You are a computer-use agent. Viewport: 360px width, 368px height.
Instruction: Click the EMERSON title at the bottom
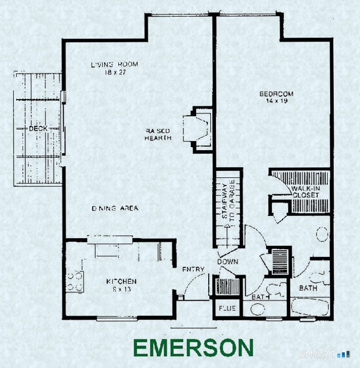193,348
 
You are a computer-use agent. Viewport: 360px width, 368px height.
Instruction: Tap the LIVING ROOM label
114,65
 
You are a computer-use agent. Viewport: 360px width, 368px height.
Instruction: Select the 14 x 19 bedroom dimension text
277,101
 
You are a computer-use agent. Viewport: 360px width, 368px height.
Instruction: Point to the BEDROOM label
277,94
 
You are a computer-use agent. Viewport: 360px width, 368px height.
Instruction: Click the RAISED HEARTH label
158,134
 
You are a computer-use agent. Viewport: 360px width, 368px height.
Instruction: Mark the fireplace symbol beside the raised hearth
198,129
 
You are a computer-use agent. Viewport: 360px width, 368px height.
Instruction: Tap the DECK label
38,129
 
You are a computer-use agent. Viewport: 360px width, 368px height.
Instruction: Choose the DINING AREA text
115,208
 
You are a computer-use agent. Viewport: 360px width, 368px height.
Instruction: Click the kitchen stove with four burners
75,281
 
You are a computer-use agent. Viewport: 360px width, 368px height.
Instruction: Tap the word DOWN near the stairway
228,262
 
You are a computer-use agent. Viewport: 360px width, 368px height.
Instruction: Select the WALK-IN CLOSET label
304,192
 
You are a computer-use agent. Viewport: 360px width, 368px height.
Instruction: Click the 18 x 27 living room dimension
114,72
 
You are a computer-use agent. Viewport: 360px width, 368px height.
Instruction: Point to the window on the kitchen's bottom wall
117,318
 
